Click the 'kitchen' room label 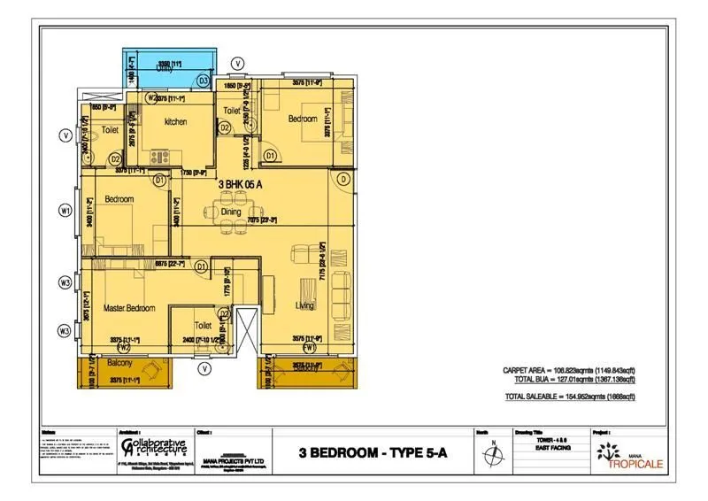[x=174, y=121]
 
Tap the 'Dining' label [x=231, y=212]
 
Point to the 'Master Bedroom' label [x=128, y=308]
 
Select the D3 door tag [x=203, y=81]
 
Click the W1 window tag [x=65, y=211]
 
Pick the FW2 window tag [x=125, y=348]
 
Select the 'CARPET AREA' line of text [x=576, y=371]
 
